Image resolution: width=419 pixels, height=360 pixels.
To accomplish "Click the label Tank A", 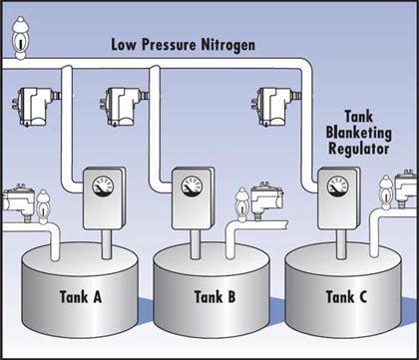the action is [81, 296].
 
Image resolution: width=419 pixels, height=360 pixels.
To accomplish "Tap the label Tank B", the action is [214, 296].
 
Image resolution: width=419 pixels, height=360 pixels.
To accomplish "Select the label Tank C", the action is [346, 296].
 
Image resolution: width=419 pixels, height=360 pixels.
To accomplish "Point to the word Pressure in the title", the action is [170, 45].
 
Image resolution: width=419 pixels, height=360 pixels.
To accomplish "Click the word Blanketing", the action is [358, 133].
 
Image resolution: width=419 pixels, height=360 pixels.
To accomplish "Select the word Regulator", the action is [359, 149].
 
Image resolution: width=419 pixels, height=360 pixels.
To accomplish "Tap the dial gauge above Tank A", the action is [103, 186].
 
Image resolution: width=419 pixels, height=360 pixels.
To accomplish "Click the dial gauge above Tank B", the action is [192, 186].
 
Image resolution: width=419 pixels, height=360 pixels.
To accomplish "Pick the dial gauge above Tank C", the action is [338, 186].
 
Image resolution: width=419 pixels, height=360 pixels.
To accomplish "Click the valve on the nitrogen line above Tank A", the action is [36, 106].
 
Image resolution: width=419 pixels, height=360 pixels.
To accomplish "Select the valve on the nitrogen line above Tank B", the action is [124, 107].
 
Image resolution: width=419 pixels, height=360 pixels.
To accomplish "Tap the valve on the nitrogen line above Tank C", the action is [276, 107].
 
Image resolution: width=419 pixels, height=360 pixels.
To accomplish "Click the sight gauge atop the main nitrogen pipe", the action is [21, 38].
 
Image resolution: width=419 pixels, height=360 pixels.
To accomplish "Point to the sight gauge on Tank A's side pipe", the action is [43, 206].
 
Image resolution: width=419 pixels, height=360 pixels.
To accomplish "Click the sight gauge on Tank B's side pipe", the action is [241, 204].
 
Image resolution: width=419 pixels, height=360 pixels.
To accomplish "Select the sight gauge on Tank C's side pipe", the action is [386, 192].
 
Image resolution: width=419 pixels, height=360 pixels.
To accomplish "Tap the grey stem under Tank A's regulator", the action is [107, 244].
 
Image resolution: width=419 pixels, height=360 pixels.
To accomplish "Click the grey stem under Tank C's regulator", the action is [341, 244].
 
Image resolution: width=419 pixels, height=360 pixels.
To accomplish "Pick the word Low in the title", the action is [124, 45].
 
